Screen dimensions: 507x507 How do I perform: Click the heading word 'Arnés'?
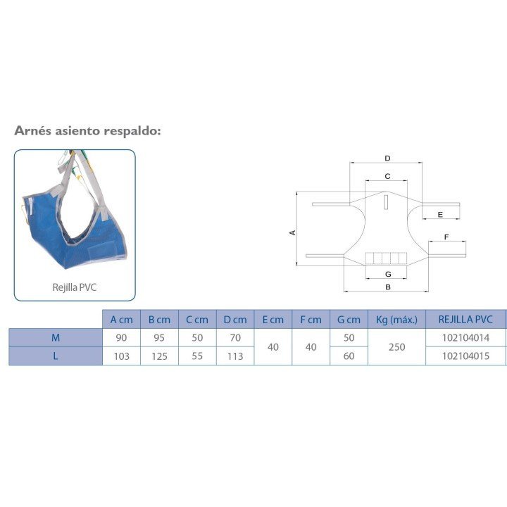click(x=32, y=131)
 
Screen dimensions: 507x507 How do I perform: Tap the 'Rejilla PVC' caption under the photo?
click(x=75, y=287)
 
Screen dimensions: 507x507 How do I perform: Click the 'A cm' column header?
click(x=121, y=320)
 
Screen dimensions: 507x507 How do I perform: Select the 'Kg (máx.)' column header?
click(x=396, y=320)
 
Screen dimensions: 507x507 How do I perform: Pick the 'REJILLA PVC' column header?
click(x=465, y=320)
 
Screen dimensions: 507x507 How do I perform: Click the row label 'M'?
click(x=55, y=338)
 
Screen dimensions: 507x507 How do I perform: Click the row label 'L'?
click(x=55, y=356)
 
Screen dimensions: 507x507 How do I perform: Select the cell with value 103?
click(x=121, y=356)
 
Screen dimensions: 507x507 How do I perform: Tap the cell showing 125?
click(x=159, y=356)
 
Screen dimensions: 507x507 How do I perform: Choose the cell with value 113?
click(x=235, y=356)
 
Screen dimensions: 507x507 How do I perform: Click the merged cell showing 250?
click(x=396, y=347)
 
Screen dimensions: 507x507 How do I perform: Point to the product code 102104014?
click(x=465, y=338)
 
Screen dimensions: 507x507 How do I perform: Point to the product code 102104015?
click(x=465, y=356)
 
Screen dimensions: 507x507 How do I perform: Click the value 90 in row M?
click(x=121, y=338)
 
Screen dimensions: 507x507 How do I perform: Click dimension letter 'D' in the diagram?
click(x=387, y=158)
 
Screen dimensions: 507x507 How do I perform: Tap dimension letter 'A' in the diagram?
click(x=292, y=232)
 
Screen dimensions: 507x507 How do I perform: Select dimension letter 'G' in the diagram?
click(x=388, y=273)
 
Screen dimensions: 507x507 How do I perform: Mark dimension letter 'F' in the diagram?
click(x=446, y=237)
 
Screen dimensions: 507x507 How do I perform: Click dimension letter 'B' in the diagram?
click(x=388, y=287)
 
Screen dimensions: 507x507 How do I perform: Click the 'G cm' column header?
click(x=349, y=320)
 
